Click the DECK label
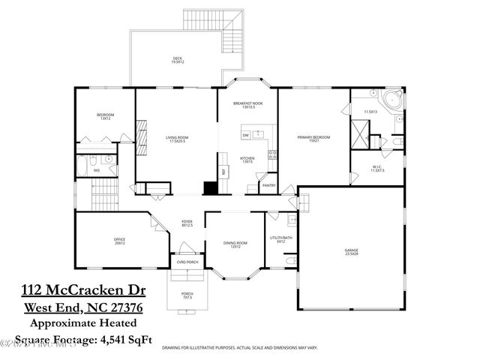tap(176, 58)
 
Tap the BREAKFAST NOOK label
tap(248, 104)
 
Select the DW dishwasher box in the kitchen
tap(245, 135)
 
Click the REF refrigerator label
tap(223, 171)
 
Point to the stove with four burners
tap(272, 156)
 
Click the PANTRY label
tap(268, 184)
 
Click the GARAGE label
tap(351, 250)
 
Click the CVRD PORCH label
tap(186, 262)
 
